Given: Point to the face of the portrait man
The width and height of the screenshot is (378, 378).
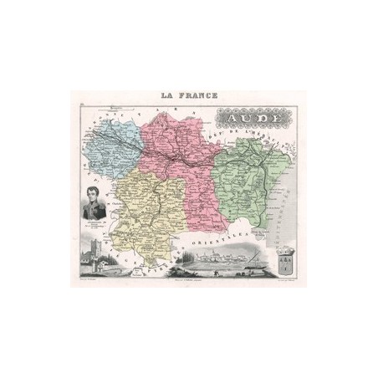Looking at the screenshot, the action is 92,199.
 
